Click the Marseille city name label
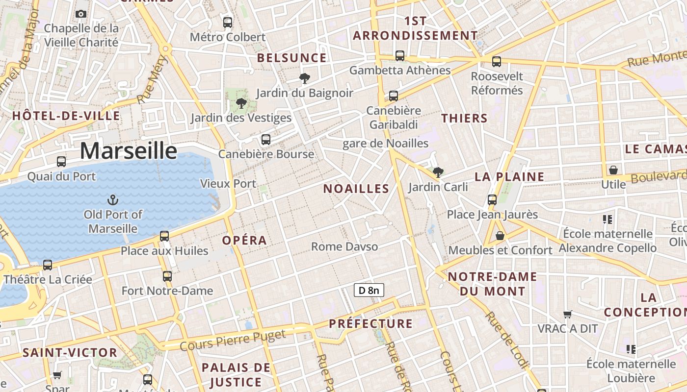(129, 150)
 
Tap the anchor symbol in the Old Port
(113, 200)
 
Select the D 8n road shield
(369, 290)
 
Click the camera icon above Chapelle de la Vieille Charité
(81, 14)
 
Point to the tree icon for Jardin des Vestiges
(241, 103)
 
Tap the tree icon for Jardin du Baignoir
(304, 78)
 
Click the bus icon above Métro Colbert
(228, 22)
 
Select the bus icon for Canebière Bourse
(266, 140)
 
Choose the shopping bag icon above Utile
(613, 170)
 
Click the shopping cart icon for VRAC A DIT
(568, 314)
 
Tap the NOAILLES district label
(356, 189)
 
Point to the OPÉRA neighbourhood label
(244, 240)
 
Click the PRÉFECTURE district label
(370, 323)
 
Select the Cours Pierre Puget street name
(233, 341)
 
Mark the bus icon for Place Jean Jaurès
(492, 200)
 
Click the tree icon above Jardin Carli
(438, 172)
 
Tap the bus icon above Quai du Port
(61, 162)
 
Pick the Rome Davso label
(344, 246)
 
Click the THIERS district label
(464, 118)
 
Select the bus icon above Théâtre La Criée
(48, 265)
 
